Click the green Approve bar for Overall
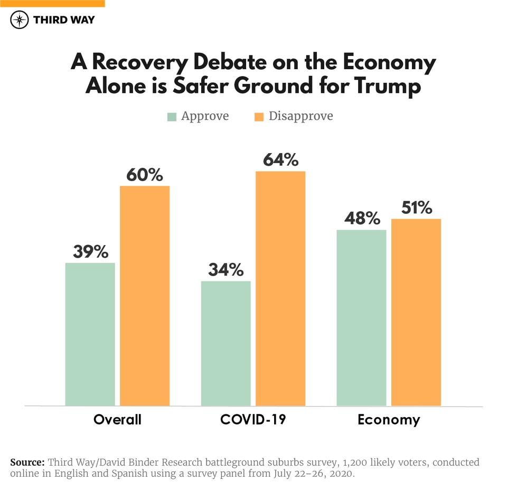click(90, 334)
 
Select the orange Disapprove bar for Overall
click(145, 296)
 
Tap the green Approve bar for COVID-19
click(226, 343)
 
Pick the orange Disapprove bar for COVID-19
click(280, 288)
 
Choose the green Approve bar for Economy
click(361, 317)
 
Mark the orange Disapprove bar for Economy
click(416, 312)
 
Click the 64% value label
click(280, 160)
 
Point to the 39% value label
click(90, 252)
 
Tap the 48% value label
click(361, 219)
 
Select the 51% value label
click(416, 208)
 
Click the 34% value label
click(226, 270)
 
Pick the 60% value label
click(145, 175)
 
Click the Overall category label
click(117, 420)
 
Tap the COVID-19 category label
click(253, 420)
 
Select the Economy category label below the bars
click(389, 420)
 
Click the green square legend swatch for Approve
click(172, 117)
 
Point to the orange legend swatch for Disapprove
click(258, 117)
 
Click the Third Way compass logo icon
click(20, 20)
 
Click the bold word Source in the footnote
click(27, 462)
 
